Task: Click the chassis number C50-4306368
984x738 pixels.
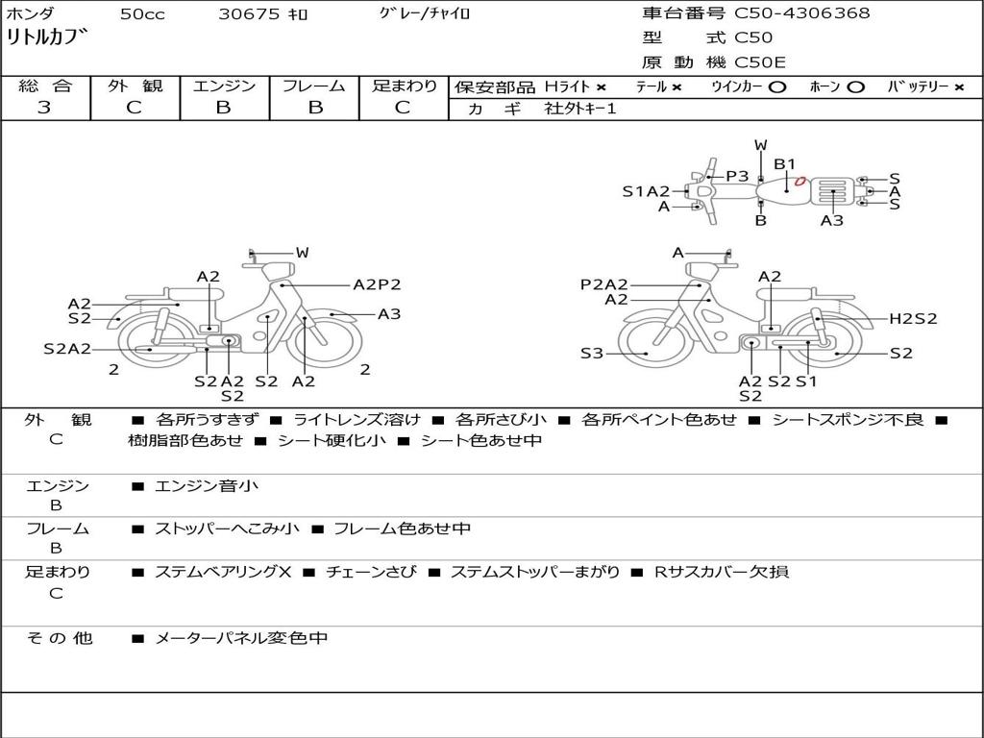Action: (x=802, y=13)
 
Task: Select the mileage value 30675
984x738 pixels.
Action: (x=249, y=14)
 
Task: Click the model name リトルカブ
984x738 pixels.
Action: (x=48, y=39)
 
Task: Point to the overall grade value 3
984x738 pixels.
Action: (x=44, y=108)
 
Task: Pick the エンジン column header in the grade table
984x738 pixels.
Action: (x=224, y=86)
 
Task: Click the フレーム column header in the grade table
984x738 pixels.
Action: (x=313, y=86)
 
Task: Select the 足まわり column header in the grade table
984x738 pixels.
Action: (x=405, y=86)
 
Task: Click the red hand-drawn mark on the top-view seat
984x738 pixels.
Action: (x=798, y=180)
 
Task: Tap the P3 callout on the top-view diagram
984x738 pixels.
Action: (x=737, y=176)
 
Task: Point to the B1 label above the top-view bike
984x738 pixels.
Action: (x=785, y=164)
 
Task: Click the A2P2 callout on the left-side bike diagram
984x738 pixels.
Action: (x=377, y=284)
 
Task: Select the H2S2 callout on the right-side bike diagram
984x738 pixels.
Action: (x=913, y=319)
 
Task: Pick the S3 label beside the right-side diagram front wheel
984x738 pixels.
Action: (x=592, y=354)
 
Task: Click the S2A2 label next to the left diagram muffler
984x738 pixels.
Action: (x=67, y=349)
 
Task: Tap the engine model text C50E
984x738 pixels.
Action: (x=760, y=62)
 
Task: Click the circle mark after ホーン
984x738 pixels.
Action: (x=856, y=86)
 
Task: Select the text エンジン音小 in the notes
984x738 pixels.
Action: (x=207, y=486)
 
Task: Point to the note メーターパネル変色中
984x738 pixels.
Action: (x=241, y=637)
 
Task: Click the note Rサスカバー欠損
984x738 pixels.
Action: (x=722, y=572)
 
